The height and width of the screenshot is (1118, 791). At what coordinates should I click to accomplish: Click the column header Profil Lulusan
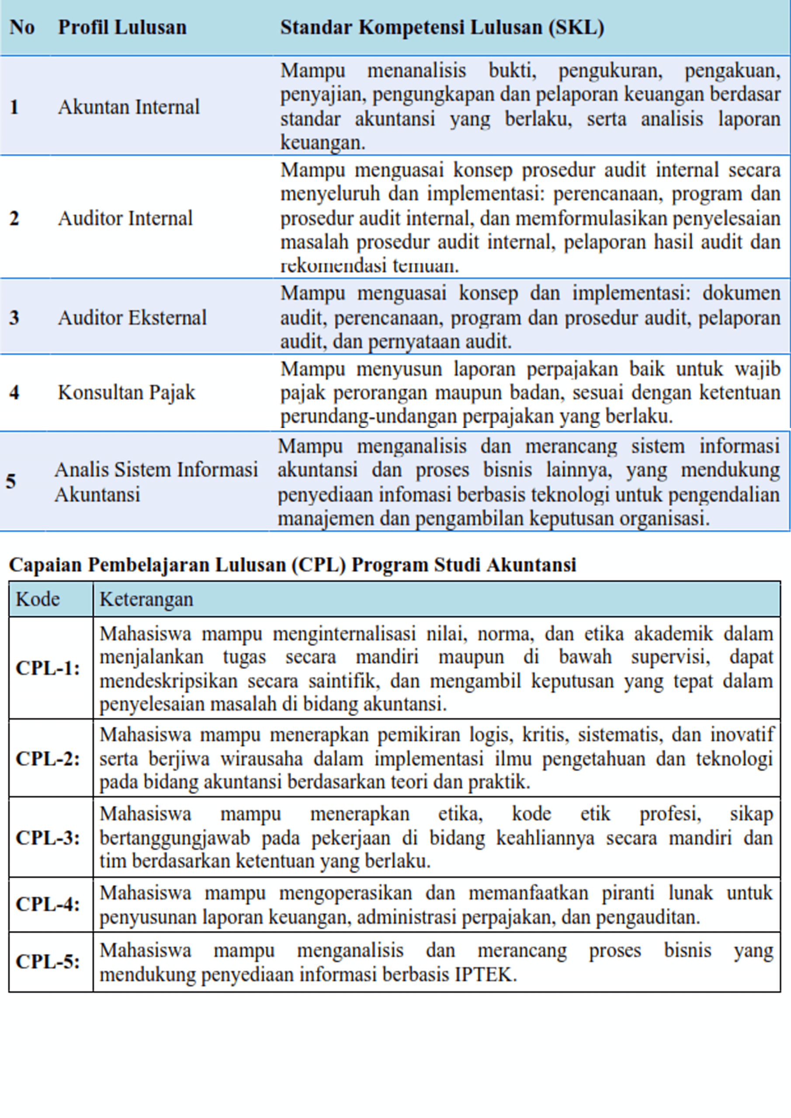(122, 27)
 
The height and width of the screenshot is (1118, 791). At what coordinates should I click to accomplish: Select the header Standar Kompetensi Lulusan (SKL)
(442, 27)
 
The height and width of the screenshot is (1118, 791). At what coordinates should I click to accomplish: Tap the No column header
(22, 27)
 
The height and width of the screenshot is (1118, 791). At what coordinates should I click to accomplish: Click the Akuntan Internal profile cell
(128, 107)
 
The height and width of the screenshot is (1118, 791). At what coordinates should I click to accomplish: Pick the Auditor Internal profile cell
(125, 219)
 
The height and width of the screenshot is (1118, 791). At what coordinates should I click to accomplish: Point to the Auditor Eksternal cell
(132, 318)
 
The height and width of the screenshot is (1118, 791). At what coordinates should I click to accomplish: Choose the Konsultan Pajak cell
(126, 393)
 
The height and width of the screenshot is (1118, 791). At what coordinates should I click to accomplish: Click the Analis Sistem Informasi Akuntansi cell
(156, 482)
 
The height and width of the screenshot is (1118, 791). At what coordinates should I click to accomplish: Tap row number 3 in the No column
(14, 318)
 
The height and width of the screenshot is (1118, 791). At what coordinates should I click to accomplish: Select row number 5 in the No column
(11, 482)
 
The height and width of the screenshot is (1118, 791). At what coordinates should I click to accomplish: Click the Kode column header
(38, 600)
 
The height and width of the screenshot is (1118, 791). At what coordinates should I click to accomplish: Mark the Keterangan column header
(146, 600)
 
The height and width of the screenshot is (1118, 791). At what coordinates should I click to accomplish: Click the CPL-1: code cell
(48, 668)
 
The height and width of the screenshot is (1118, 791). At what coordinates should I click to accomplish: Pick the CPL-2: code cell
(48, 759)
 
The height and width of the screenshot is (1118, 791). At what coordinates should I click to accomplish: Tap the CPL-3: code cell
(48, 838)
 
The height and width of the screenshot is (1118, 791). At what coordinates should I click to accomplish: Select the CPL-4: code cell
(48, 904)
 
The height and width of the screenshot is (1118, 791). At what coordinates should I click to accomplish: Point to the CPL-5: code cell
(48, 962)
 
